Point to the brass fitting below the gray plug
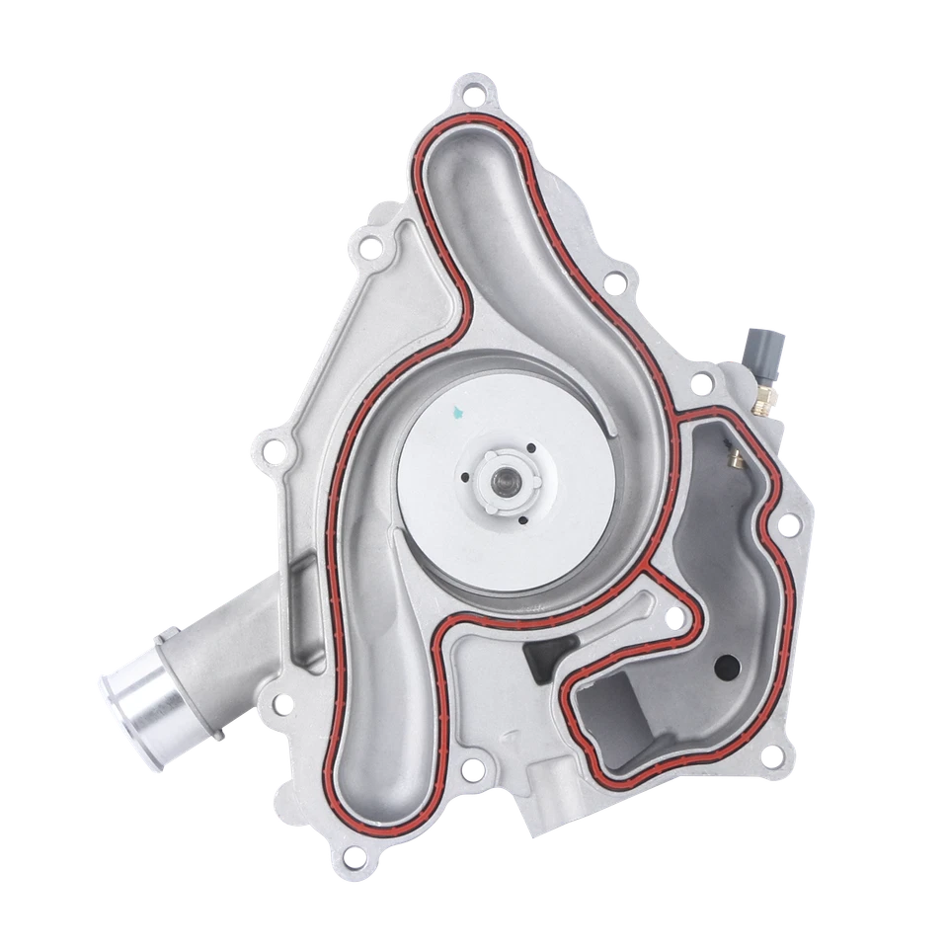click(761, 399)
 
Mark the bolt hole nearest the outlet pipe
click(282, 703)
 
